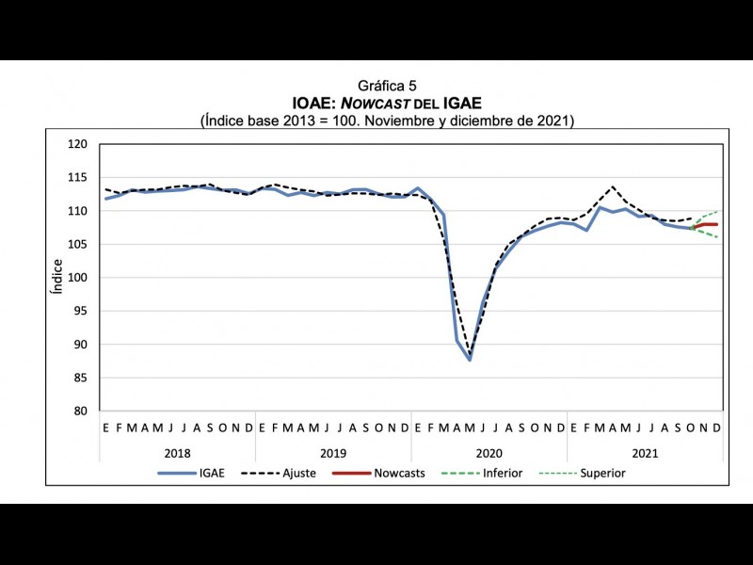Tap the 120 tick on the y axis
pos(78,144)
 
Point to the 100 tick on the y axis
pos(78,278)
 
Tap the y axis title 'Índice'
pos(57,277)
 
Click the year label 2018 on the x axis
pos(177,452)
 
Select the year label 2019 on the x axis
pos(332,452)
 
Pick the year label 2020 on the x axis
pos(489,452)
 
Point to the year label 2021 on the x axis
pos(645,452)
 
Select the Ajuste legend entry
pos(299,473)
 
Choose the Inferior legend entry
pos(502,473)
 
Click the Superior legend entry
pos(603,473)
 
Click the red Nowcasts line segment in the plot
pos(705,224)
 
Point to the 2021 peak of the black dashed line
pos(613,186)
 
